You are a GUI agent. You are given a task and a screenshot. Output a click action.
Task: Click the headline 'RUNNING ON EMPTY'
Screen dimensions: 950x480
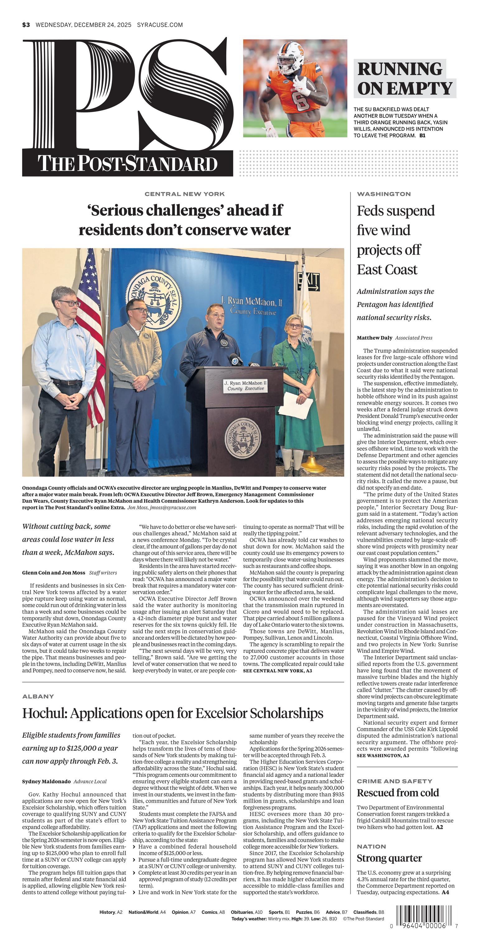coord(404,79)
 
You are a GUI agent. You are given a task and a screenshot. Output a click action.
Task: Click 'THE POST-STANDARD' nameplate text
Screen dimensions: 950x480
coord(128,164)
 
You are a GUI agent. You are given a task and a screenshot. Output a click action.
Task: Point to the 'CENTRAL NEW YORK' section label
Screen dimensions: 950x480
coord(184,194)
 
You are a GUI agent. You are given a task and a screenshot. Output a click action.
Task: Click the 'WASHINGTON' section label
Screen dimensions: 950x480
coord(384,194)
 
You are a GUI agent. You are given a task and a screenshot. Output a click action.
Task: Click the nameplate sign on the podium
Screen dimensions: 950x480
coord(246,386)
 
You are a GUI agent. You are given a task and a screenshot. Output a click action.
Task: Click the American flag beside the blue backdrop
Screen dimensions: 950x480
coord(90,332)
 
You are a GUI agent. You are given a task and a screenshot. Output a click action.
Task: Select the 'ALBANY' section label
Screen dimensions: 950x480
coord(38,696)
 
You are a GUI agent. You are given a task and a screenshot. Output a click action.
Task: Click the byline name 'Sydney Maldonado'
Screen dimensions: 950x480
coord(46,781)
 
